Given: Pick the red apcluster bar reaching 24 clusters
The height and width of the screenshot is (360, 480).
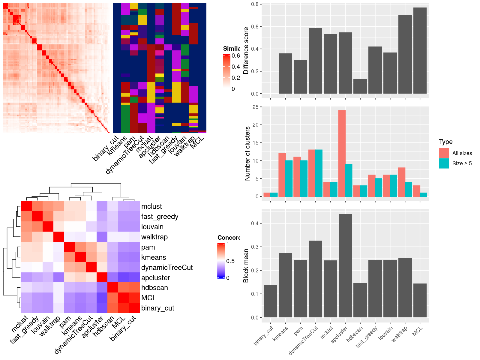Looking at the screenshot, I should (x=342, y=153).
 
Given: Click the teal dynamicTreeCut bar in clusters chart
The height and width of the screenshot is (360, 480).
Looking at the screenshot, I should (x=319, y=173).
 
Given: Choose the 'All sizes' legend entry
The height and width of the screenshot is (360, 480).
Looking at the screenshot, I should (x=462, y=153).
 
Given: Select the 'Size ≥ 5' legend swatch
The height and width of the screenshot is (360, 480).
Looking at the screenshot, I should (x=444, y=163).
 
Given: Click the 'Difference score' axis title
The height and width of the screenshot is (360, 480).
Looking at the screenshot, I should (x=246, y=50).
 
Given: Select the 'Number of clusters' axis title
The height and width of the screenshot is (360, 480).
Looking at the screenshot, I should (x=247, y=153).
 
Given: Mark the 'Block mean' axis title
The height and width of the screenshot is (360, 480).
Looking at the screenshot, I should (x=246, y=265).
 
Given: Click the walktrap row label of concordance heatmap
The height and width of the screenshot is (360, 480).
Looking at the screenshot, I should (x=154, y=237).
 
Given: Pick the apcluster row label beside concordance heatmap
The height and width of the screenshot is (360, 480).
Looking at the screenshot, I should (x=156, y=278).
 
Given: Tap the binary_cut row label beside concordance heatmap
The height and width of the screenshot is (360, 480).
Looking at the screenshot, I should (x=158, y=308).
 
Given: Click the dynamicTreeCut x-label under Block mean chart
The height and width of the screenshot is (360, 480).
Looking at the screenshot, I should (x=304, y=340).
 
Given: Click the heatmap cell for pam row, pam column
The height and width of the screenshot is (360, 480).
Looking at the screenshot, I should (x=70, y=247).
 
